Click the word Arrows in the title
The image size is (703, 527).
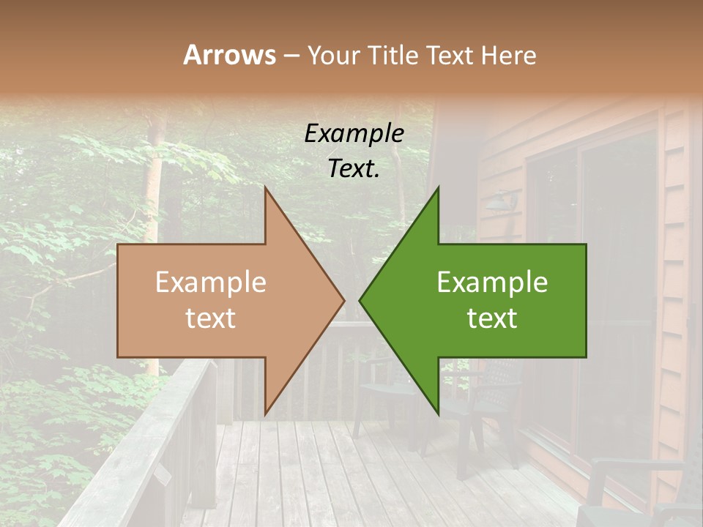tap(229, 55)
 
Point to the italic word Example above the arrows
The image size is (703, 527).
tap(354, 134)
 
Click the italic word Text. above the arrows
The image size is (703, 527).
tap(354, 169)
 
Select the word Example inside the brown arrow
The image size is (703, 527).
tap(210, 283)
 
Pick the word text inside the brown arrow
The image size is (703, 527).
tap(210, 318)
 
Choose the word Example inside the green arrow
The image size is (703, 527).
tap(492, 283)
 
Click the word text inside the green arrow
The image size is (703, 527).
tap(492, 318)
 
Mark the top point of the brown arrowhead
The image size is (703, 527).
tap(265, 189)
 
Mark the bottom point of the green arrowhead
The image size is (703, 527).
tap(438, 414)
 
